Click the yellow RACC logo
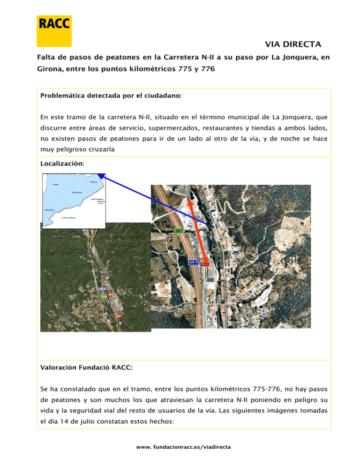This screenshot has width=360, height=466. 54,30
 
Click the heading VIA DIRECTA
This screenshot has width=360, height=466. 293,45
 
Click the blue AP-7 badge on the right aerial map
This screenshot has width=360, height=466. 193,263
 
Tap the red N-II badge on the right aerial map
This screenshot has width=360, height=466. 204,264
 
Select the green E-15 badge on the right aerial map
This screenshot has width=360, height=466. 179,231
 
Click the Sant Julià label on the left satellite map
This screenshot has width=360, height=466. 58,236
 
